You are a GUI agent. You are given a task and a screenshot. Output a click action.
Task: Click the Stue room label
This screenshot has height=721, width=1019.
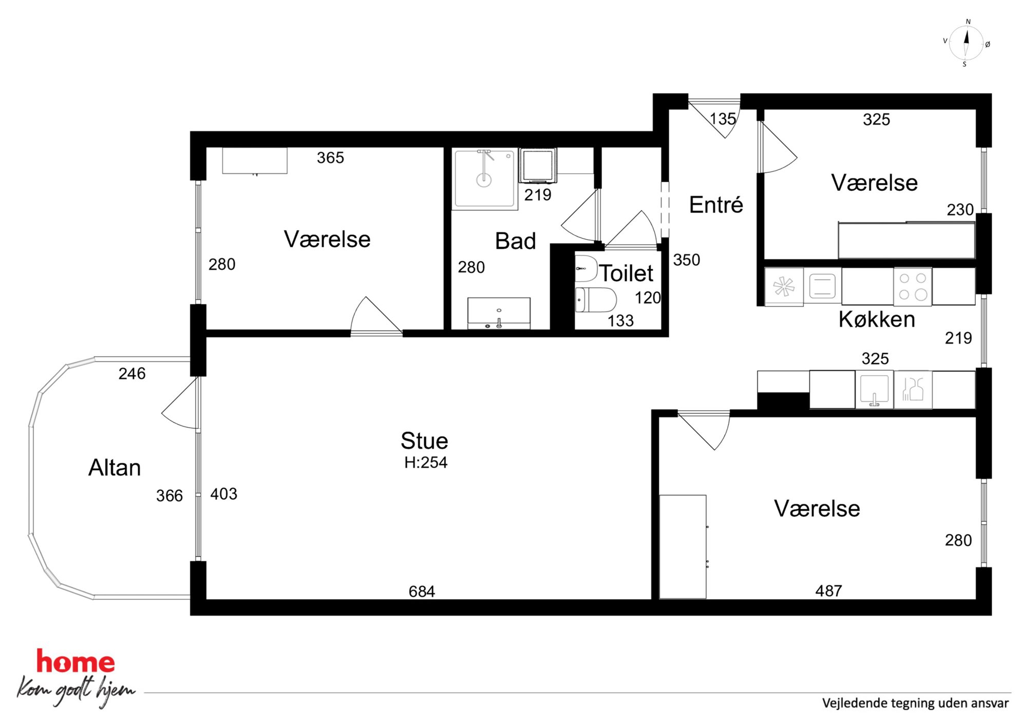pyautogui.click(x=424, y=441)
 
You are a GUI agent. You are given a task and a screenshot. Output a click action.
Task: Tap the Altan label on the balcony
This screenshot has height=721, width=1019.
pyautogui.click(x=115, y=468)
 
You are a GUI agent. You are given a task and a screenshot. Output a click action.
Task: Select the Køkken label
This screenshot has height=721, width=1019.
pyautogui.click(x=877, y=319)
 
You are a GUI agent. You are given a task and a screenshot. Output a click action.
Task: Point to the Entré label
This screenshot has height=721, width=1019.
pyautogui.click(x=716, y=205)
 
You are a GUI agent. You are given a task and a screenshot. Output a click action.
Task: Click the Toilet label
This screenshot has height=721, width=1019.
pyautogui.click(x=627, y=273)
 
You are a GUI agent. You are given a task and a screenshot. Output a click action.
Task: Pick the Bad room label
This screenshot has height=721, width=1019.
pyautogui.click(x=515, y=241)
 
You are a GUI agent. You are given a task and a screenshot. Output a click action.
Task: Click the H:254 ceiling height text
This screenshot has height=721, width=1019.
pyautogui.click(x=426, y=463)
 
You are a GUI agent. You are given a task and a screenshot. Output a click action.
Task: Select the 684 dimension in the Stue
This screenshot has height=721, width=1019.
pyautogui.click(x=422, y=591)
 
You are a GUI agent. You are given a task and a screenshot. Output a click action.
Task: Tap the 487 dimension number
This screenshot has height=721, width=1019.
pyautogui.click(x=828, y=591)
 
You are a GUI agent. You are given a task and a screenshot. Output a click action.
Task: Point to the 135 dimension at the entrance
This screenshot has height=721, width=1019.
pyautogui.click(x=723, y=119)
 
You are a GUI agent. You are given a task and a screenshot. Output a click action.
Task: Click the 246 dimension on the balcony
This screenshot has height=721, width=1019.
pyautogui.click(x=132, y=374)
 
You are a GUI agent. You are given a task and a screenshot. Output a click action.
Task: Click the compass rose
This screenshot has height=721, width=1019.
pyautogui.click(x=966, y=43)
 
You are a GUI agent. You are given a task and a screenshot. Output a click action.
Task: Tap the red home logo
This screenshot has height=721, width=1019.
pyautogui.click(x=76, y=661)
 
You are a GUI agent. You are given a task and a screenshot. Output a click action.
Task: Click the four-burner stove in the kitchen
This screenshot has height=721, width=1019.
pyautogui.click(x=913, y=287)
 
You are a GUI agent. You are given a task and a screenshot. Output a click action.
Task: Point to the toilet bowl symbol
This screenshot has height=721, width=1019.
pyautogui.click(x=595, y=300)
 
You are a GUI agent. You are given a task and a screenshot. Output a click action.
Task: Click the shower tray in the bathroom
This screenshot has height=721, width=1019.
pyautogui.click(x=484, y=179)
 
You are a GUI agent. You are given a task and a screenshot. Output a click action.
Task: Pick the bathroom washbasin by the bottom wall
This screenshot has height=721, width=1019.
pyautogui.click(x=499, y=313)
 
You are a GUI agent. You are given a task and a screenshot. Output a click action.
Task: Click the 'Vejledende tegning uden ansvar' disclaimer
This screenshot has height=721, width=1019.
pyautogui.click(x=915, y=703)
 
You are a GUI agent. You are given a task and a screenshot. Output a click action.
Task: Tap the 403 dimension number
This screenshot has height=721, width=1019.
pyautogui.click(x=224, y=494)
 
